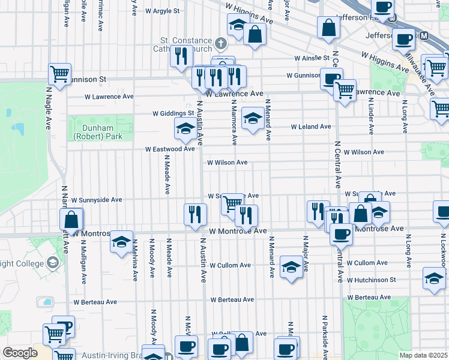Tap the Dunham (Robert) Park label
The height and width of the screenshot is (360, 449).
(98, 132)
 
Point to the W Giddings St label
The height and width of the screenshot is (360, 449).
(173, 113)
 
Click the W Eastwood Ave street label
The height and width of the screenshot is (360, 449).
(170, 149)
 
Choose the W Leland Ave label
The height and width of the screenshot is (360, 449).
(311, 127)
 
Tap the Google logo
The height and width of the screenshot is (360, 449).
(20, 352)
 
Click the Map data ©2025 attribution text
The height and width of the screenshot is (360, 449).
(423, 355)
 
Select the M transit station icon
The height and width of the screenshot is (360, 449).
(425, 36)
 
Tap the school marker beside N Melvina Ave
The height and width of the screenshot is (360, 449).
(121, 242)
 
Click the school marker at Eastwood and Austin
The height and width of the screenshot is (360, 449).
(184, 127)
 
